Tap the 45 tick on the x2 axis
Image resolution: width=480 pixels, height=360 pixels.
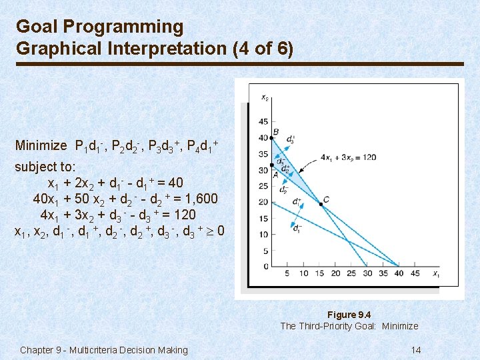(264, 121)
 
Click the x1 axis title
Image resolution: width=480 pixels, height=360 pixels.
(436, 274)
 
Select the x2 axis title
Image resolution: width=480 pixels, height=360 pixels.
(265, 98)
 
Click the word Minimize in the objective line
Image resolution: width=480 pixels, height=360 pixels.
(41, 145)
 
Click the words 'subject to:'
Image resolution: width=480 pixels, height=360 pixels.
(45, 167)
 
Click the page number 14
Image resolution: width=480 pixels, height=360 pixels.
(415, 350)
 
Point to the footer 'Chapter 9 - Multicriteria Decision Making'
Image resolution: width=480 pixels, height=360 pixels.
(104, 350)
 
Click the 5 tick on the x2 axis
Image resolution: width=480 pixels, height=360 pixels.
(266, 251)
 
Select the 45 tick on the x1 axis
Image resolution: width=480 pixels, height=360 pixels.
(414, 273)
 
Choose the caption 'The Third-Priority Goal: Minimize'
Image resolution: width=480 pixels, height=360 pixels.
(349, 326)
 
